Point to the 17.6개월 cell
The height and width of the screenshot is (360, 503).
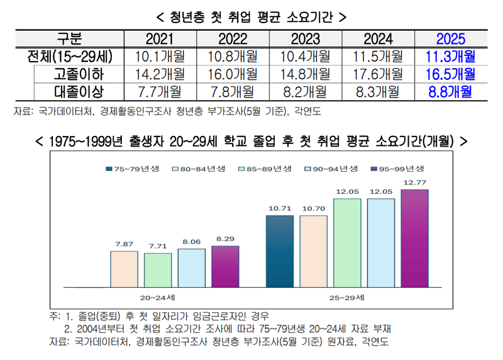[x=377, y=74]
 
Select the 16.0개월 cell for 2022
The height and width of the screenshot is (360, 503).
[x=232, y=74]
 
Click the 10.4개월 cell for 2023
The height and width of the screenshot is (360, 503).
[x=305, y=56]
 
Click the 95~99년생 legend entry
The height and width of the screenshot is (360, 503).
[x=399, y=169]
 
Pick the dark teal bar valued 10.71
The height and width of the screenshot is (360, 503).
[x=280, y=250]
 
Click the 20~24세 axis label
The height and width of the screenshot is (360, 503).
[x=158, y=295]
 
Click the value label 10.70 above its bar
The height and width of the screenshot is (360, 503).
[x=313, y=208]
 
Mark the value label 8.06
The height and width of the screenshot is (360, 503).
[x=191, y=241]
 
